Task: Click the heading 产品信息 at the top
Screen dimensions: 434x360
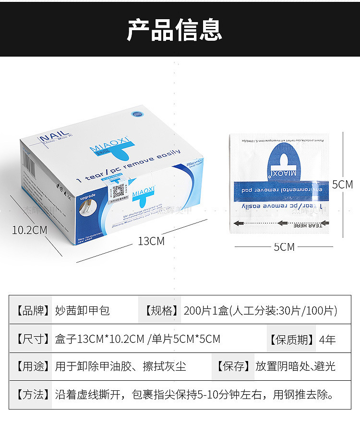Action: coord(174,29)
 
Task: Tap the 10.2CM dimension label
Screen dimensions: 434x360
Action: coord(30,230)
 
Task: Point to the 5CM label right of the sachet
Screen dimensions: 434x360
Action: coord(342,185)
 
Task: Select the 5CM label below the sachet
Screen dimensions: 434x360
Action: coord(284,247)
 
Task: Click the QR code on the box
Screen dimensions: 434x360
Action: coord(118,191)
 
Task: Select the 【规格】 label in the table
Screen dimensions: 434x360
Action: coord(161,310)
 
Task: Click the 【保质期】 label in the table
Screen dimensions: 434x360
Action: coord(291,340)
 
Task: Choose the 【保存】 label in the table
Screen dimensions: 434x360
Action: coord(232,367)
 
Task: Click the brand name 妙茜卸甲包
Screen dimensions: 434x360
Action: coord(83,310)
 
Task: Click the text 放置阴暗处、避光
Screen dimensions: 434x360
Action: coord(295,367)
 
